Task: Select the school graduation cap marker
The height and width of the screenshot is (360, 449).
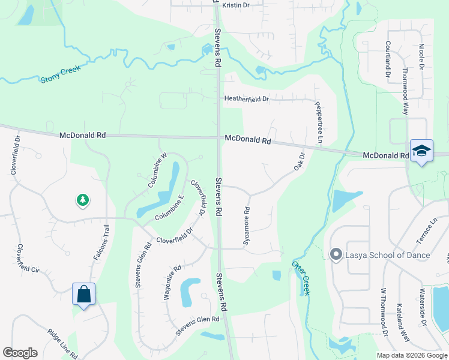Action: (421, 151)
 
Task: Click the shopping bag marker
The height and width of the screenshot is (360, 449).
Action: (84, 294)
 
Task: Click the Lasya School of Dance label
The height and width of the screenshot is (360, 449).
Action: (388, 255)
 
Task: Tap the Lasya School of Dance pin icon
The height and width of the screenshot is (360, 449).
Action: (336, 255)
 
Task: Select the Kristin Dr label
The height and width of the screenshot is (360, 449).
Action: (236, 5)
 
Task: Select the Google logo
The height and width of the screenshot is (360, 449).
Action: (20, 353)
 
